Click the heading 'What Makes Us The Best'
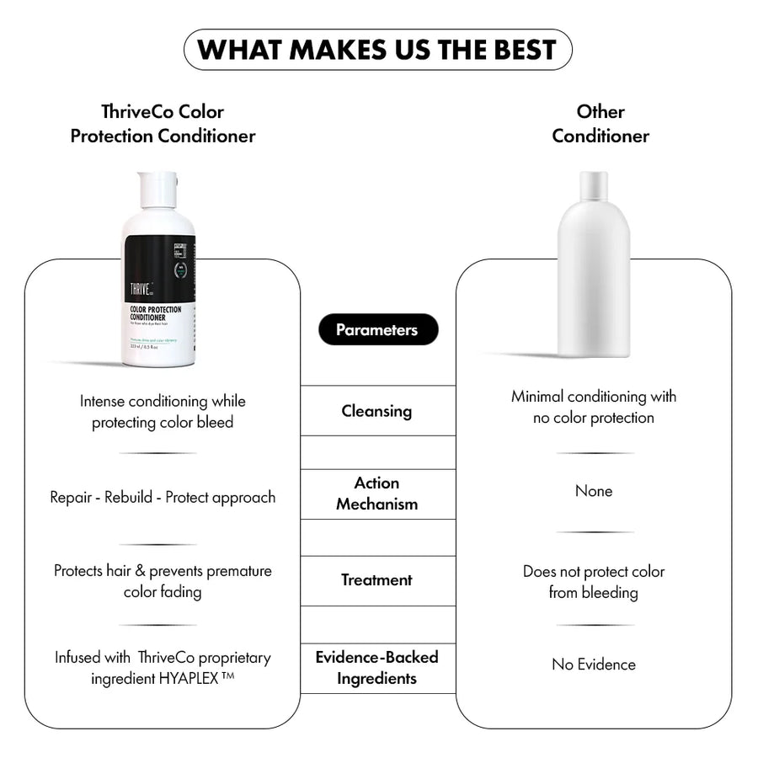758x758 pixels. [x=377, y=50]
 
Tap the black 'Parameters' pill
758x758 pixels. [x=377, y=330]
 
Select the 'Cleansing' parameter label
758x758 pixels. [x=376, y=411]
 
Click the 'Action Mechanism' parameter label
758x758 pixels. [x=376, y=494]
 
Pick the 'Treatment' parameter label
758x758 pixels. [x=376, y=579]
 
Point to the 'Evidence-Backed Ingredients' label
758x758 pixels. [x=376, y=667]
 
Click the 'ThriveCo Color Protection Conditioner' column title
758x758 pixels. [x=163, y=123]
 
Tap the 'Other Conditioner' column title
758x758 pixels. [x=601, y=123]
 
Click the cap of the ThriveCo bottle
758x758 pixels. [x=158, y=189]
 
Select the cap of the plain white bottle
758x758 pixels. [x=593, y=184]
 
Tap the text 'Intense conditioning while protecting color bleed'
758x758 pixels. [x=163, y=412]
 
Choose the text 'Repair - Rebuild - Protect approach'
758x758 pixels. [x=163, y=497]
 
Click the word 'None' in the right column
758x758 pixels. [x=594, y=491]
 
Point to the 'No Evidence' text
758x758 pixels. [x=594, y=665]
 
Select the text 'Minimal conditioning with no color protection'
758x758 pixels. [x=594, y=407]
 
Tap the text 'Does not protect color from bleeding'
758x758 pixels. [x=594, y=582]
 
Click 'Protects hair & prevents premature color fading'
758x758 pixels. [x=163, y=581]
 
